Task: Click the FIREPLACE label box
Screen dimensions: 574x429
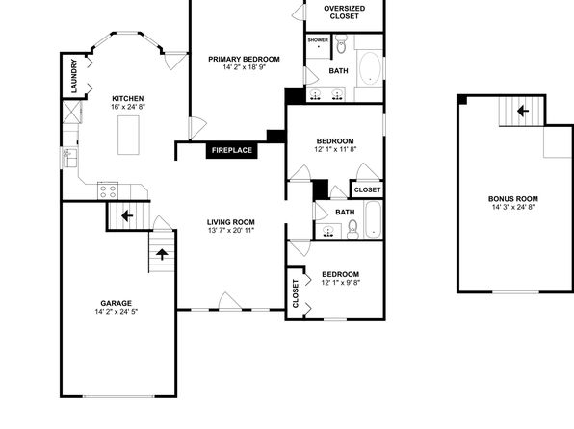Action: (232, 150)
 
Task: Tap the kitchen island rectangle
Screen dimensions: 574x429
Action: (128, 135)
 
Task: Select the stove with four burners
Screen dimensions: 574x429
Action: (108, 191)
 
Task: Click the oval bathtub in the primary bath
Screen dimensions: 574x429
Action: (370, 68)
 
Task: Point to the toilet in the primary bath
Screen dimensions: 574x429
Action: (341, 44)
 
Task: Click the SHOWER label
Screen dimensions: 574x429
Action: (318, 40)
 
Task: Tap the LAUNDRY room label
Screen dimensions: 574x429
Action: (74, 76)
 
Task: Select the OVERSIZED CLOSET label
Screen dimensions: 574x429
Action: (344, 13)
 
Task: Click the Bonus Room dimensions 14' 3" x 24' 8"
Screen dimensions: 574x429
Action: (513, 207)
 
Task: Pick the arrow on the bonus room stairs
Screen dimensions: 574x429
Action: (523, 111)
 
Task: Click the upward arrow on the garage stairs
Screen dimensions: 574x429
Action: (162, 254)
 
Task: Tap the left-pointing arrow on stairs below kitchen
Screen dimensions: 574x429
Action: (127, 215)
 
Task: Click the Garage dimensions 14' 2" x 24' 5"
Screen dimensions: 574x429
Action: (116, 312)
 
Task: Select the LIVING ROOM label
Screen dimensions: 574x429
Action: (230, 222)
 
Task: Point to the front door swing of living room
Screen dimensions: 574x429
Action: (229, 301)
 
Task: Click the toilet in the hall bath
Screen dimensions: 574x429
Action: (352, 229)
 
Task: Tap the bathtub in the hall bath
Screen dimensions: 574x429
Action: (374, 219)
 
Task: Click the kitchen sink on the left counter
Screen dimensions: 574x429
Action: (69, 157)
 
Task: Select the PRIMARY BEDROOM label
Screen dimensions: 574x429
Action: (244, 60)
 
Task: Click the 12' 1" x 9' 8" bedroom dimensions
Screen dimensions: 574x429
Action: (341, 283)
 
